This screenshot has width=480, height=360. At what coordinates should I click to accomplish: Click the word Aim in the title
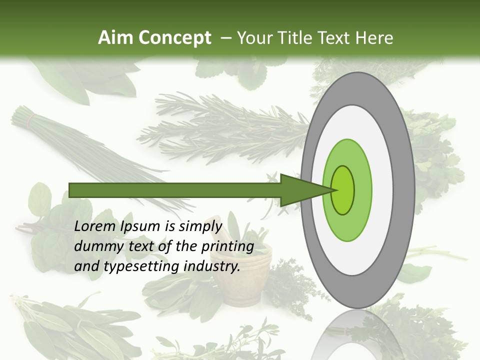tap(115, 37)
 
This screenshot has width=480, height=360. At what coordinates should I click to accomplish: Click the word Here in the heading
tap(374, 37)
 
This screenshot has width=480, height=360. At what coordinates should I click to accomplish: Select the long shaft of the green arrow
tap(175, 190)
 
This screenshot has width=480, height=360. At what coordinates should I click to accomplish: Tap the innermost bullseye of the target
tap(343, 190)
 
